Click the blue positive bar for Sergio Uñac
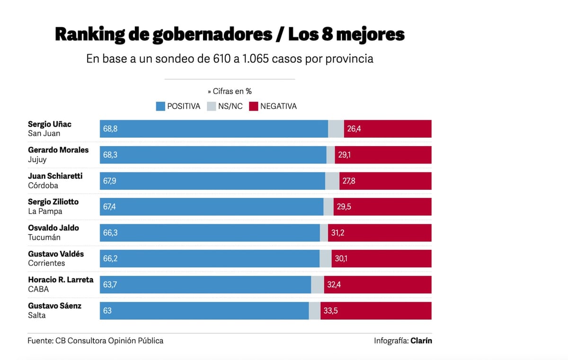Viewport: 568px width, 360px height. tap(213, 129)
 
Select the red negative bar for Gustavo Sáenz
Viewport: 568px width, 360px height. tap(376, 311)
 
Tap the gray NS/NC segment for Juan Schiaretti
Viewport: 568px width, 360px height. tap(332, 181)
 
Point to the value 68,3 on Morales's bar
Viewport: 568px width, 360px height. tap(110, 155)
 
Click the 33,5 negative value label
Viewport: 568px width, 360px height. tap(330, 311)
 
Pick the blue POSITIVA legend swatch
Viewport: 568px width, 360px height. tap(160, 106)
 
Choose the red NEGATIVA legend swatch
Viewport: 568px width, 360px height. tap(253, 106)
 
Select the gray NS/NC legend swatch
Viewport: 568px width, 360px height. tap(212, 106)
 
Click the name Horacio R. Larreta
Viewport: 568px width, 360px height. tap(61, 280)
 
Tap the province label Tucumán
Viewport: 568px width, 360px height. tap(44, 237)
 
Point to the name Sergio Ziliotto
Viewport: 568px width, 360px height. tap(53, 202)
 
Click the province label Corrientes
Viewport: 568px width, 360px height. tap(46, 263)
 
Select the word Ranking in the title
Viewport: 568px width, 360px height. tap(90, 35)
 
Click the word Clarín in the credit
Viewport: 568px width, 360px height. tap(421, 341)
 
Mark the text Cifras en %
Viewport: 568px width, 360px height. tap(232, 91)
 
